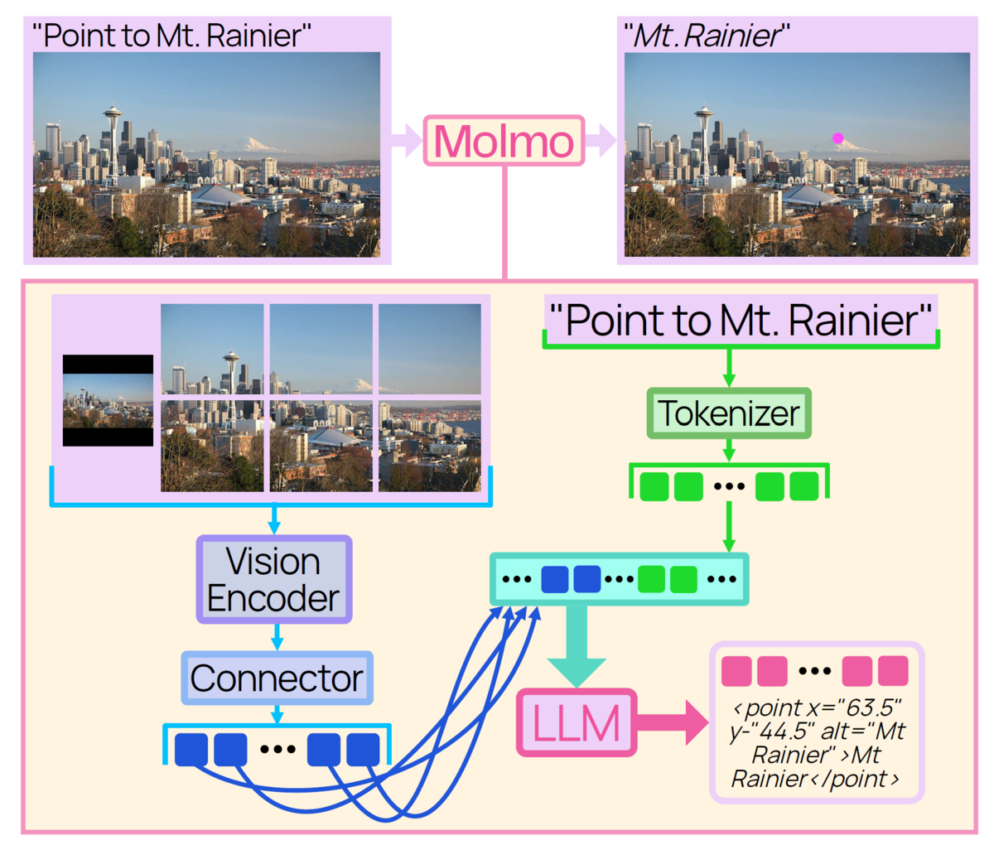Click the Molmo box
pyautogui.click(x=504, y=141)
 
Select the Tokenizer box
pyautogui.click(x=729, y=413)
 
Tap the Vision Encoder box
pyautogui.click(x=274, y=580)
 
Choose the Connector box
pyautogui.click(x=277, y=678)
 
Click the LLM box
pyautogui.click(x=577, y=722)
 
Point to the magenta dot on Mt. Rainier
pyautogui.click(x=837, y=138)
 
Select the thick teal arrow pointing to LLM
pyautogui.click(x=577, y=646)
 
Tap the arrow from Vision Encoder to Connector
pyautogui.click(x=277, y=637)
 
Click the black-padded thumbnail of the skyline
pyautogui.click(x=108, y=400)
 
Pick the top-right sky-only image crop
pyautogui.click(x=429, y=349)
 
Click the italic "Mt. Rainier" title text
pyautogui.click(x=707, y=36)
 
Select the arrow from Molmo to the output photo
pyautogui.click(x=601, y=141)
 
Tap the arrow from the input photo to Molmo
pyautogui.click(x=407, y=141)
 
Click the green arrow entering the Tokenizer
pyautogui.click(x=729, y=368)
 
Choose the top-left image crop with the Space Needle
pyautogui.click(x=212, y=349)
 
